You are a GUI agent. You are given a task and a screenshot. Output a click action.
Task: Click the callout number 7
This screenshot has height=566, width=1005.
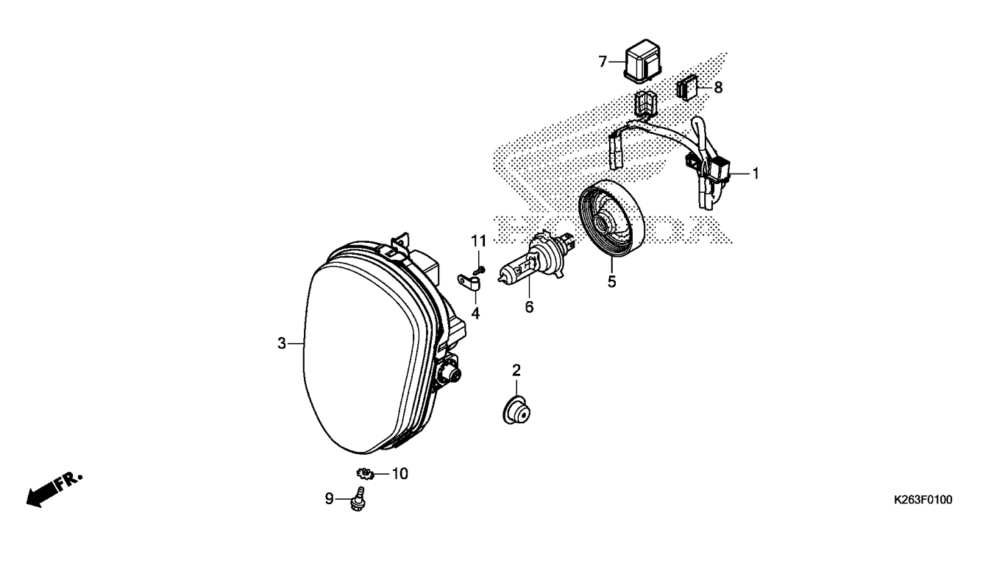602,62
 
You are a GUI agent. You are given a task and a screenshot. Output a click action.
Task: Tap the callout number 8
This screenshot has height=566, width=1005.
718,87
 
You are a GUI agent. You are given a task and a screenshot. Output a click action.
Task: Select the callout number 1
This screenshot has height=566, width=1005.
755,174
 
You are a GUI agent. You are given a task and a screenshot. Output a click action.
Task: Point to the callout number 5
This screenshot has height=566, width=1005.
611,281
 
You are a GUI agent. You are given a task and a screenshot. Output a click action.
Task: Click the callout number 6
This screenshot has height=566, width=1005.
529,306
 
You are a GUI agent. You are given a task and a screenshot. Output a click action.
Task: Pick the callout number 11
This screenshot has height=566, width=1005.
479,241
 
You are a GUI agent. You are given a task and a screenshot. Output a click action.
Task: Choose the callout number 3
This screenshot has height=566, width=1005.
282,343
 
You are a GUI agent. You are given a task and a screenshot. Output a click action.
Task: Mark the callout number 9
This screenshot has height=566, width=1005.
329,499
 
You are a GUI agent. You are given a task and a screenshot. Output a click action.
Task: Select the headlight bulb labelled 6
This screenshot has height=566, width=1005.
531,266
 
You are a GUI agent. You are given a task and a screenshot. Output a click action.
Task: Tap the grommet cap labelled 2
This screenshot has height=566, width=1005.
515,409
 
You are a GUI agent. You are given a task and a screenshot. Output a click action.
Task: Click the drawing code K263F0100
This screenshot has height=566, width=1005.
923,500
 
